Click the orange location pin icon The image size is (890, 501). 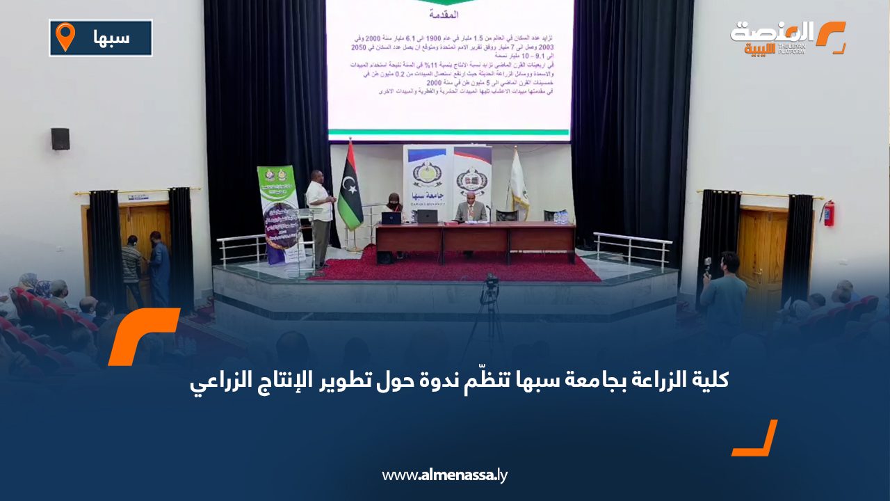pyautogui.click(x=65, y=36)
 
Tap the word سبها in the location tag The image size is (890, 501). pyautogui.click(x=111, y=37)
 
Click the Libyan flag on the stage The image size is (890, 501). pyautogui.click(x=349, y=186)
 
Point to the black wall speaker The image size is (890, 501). pyautogui.click(x=60, y=138)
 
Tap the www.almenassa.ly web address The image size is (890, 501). pyautogui.click(x=445, y=475)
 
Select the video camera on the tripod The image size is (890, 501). pyautogui.click(x=491, y=284)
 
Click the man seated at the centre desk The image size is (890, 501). pyautogui.click(x=471, y=209)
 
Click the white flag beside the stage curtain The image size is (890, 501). pyautogui.click(x=517, y=182)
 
